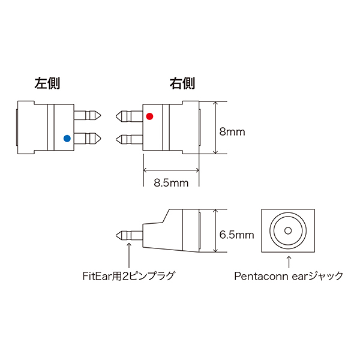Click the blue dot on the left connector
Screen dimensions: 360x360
click(x=67, y=139)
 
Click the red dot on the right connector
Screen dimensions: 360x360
click(x=149, y=116)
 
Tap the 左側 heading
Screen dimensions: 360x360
click(x=47, y=83)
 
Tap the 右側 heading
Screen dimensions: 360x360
click(x=182, y=83)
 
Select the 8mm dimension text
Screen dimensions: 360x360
click(x=232, y=132)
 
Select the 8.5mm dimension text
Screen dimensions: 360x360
click(x=171, y=183)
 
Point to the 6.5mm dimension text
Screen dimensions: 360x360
click(x=237, y=235)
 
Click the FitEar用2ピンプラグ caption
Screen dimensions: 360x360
click(x=128, y=276)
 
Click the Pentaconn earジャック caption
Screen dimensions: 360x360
click(x=289, y=276)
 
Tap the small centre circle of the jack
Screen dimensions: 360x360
click(x=288, y=230)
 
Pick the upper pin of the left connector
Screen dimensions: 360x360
click(x=88, y=115)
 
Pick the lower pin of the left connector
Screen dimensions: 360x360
click(x=88, y=139)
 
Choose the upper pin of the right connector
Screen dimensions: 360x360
click(x=129, y=116)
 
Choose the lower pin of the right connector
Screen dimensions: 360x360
click(x=129, y=139)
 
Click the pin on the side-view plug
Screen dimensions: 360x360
click(x=129, y=235)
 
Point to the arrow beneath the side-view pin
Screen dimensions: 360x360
click(x=129, y=255)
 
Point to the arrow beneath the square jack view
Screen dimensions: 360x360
click(x=289, y=262)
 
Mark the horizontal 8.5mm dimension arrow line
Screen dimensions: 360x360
click(x=171, y=170)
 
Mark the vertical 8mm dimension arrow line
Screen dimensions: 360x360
click(x=215, y=128)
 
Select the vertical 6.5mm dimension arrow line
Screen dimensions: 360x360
click(x=215, y=231)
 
